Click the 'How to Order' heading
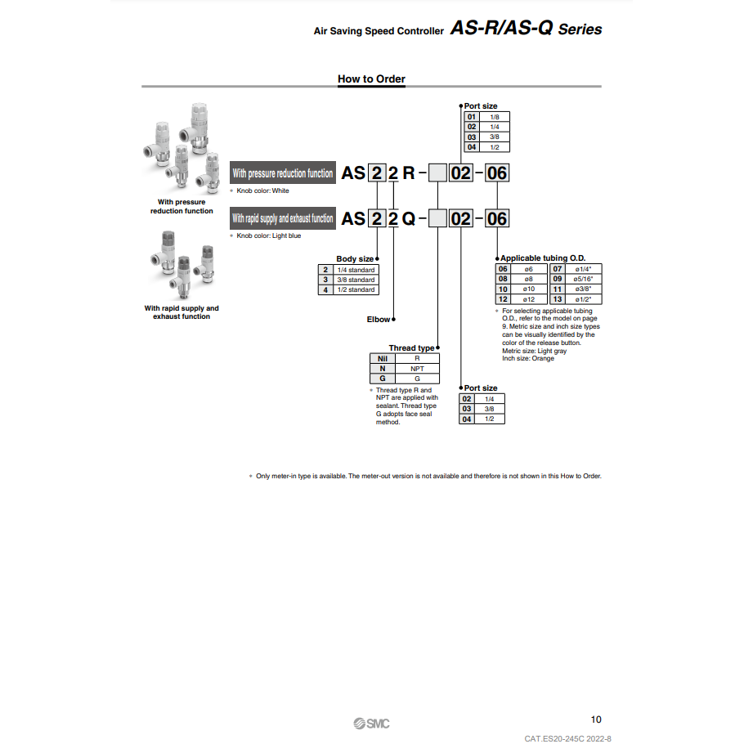(371, 79)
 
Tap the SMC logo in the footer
(372, 723)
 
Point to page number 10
(595, 719)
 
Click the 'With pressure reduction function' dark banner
(283, 173)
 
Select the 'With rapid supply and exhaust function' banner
(283, 218)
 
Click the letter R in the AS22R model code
(410, 173)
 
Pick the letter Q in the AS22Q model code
(410, 218)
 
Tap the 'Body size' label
(355, 259)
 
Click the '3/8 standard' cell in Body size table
(356, 280)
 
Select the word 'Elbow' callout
(379, 320)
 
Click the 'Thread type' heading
(411, 348)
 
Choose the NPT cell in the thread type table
(417, 369)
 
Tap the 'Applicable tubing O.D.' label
(543, 258)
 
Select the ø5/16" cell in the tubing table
(583, 279)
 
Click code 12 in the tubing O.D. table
(504, 299)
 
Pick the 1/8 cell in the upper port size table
(495, 117)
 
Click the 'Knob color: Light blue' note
(268, 235)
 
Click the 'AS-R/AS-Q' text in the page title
(501, 29)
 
